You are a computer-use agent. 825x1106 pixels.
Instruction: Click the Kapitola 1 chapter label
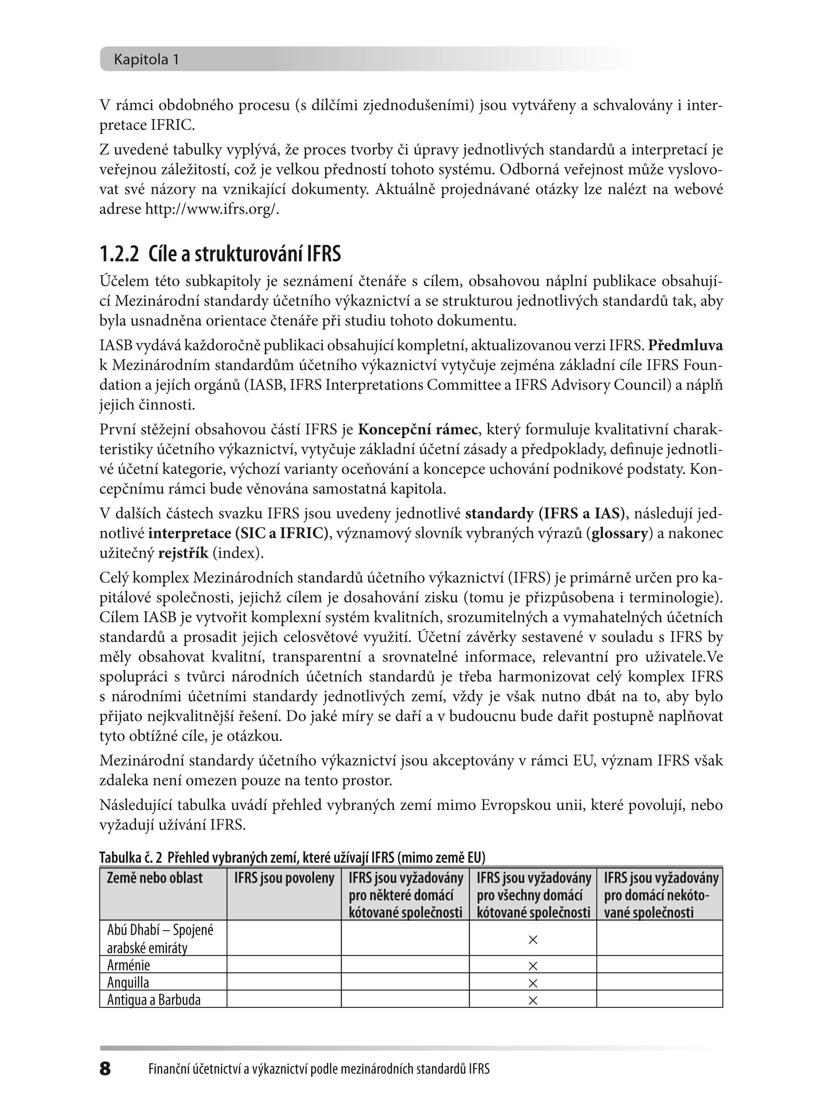(146, 60)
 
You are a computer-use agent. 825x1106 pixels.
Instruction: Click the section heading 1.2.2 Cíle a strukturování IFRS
(220, 254)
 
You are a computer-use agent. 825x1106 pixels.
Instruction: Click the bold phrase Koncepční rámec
(418, 429)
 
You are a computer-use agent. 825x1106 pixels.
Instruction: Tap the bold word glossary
(619, 534)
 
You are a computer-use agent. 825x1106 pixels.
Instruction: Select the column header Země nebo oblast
(155, 878)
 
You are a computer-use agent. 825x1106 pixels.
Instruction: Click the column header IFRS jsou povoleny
(284, 878)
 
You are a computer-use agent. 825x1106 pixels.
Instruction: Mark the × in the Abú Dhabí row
(533, 939)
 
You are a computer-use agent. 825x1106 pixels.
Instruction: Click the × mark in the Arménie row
(533, 966)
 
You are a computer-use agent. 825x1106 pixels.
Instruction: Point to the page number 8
(105, 1069)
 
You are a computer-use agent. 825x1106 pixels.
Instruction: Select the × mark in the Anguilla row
(533, 983)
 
